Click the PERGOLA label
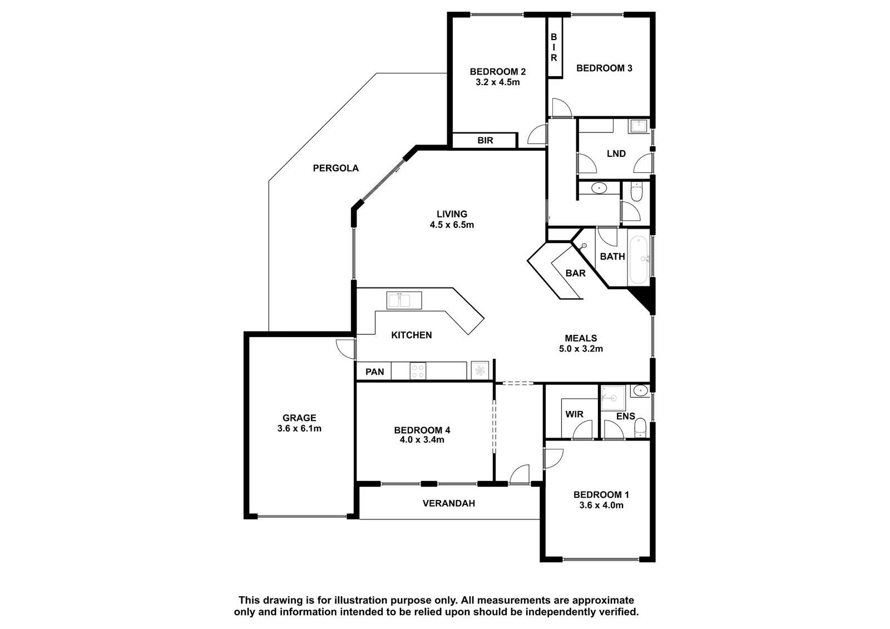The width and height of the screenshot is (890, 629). coord(336,168)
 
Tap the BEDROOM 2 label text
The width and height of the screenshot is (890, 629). coord(497,72)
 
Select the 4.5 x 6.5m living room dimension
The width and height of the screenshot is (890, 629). coord(452,225)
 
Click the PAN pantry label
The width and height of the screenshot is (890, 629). coord(375,372)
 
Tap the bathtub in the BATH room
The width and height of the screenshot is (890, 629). coord(638,260)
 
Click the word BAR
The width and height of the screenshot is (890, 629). coord(576,274)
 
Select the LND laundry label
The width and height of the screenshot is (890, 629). coord(616,153)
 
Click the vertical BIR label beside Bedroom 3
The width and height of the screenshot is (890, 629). coord(553,47)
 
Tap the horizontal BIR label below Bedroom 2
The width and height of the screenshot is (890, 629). coord(485,140)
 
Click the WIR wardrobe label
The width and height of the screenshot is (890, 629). coord(574,414)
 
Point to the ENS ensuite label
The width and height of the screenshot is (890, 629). coord(626,416)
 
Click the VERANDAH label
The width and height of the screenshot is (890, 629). coord(448,503)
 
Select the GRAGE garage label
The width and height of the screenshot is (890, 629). coord(299,418)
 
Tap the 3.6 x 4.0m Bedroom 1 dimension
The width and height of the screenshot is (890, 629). coord(601,506)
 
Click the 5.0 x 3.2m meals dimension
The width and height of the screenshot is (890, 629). coord(581,349)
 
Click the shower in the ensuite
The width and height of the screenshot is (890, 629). coord(612,398)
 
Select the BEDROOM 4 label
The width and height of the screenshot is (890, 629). coord(422,430)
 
